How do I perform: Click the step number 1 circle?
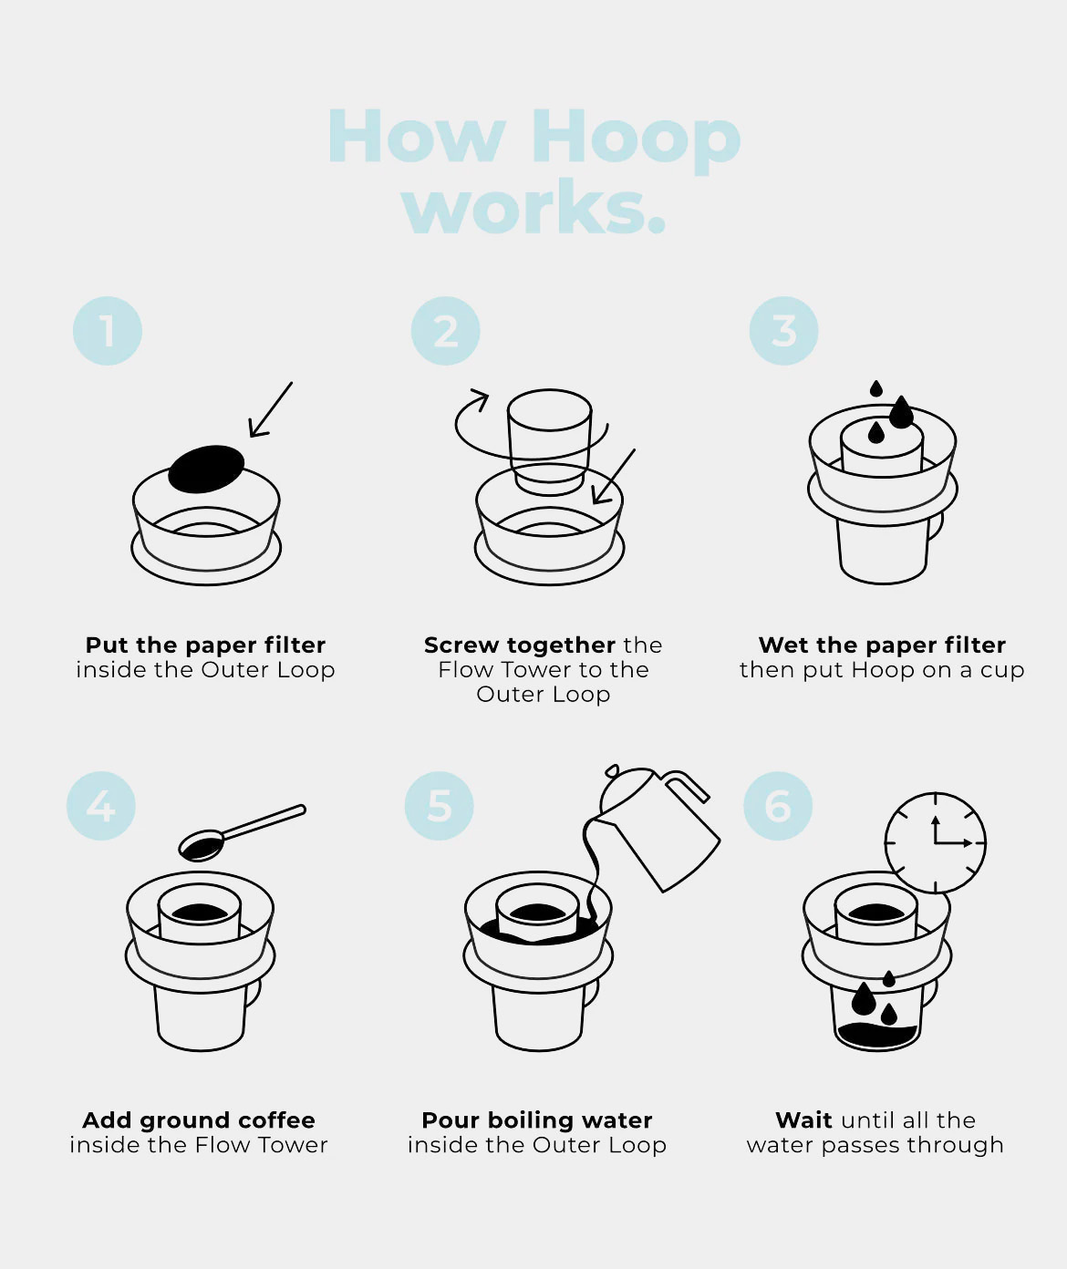click(108, 331)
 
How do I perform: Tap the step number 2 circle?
click(446, 331)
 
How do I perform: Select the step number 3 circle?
click(783, 331)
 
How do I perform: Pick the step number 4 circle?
click(101, 806)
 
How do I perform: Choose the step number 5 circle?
click(439, 806)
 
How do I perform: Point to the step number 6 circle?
click(778, 806)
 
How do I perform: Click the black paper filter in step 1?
click(206, 469)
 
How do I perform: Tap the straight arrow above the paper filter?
click(271, 409)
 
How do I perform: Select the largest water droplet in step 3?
click(901, 412)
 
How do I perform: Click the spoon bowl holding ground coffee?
click(202, 846)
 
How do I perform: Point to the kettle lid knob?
click(612, 770)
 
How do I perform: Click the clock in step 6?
click(935, 843)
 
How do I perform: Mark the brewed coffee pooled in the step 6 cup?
click(876, 1036)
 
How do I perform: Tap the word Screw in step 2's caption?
click(461, 645)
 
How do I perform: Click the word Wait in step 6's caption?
click(803, 1120)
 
